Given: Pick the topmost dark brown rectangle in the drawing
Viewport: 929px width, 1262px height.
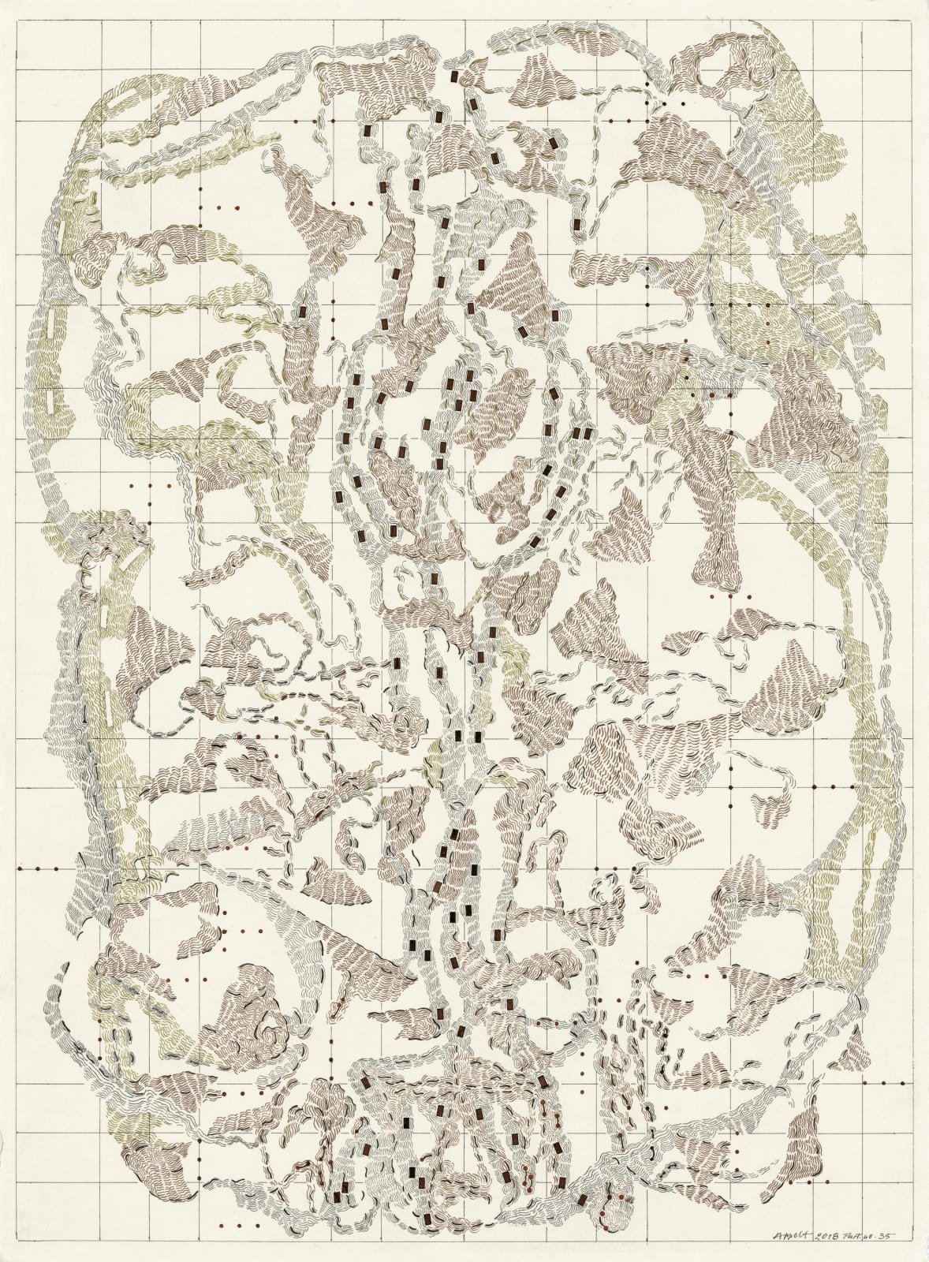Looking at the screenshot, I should (454, 77).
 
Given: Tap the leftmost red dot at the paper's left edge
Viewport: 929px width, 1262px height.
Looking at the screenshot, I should (20, 868).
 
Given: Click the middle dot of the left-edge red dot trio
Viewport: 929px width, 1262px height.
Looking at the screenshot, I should (38, 868).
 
